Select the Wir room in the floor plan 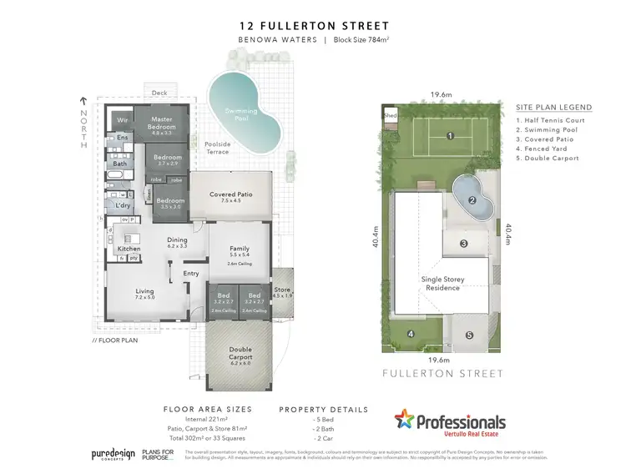pyautogui.click(x=123, y=119)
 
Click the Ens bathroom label pyautogui.click(x=122, y=138)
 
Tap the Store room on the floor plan pyautogui.click(x=282, y=290)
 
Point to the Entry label pyautogui.click(x=191, y=273)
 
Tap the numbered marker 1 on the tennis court pyautogui.click(x=449, y=135)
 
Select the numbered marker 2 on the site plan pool pyautogui.click(x=472, y=200)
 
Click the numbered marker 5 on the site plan pyautogui.click(x=469, y=335)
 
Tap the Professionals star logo pyautogui.click(x=405, y=421)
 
